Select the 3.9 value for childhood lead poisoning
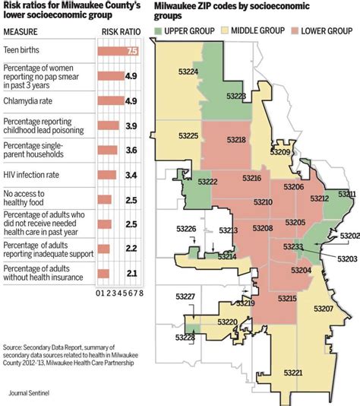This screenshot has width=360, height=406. click(131, 125)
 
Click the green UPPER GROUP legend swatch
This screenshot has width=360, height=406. click(159, 32)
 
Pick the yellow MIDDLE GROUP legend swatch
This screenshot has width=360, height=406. click(222, 32)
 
